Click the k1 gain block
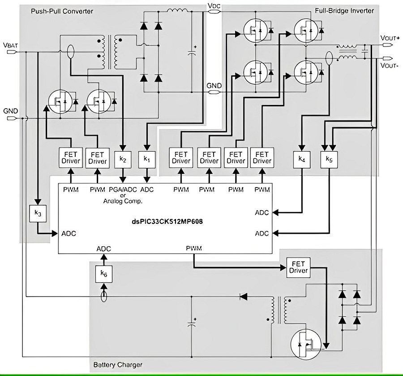147,159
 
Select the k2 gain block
123,159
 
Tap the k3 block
38,213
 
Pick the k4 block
302,159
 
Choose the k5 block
329,159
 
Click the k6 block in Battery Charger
104,274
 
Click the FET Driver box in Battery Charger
298,267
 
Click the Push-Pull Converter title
62,11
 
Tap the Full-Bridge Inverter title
344,11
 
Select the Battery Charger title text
118,365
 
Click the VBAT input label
11,45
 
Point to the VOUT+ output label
390,38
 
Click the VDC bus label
214,6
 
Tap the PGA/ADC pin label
123,190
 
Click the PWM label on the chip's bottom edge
194,248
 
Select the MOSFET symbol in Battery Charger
306,345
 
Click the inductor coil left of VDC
177,10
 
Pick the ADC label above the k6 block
104,249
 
